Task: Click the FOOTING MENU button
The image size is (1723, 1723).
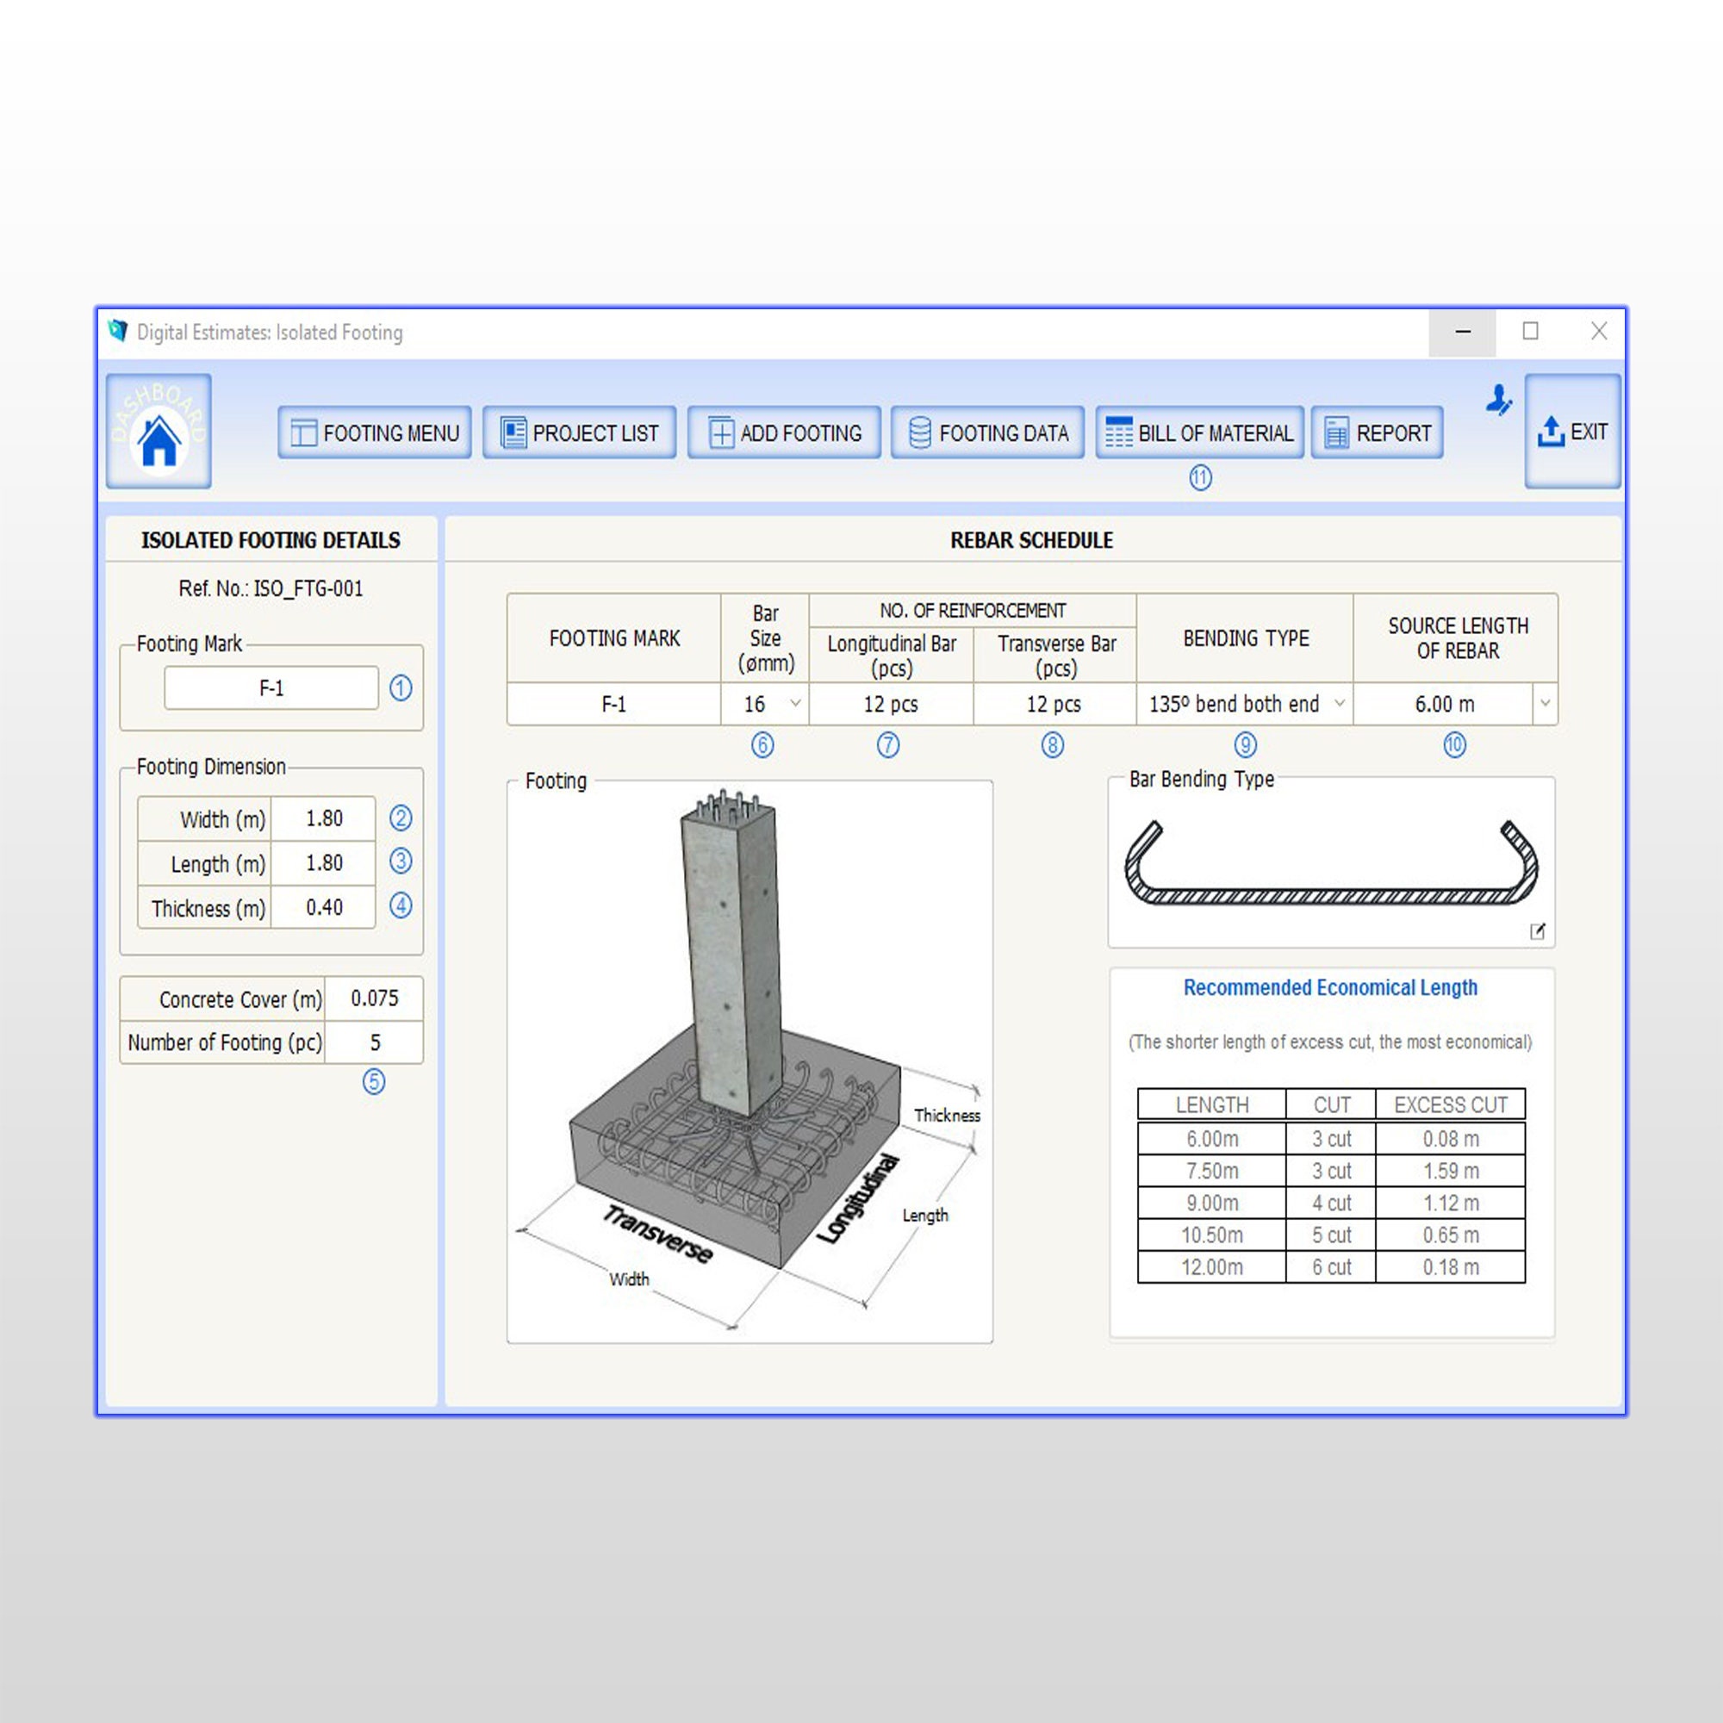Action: click(x=375, y=432)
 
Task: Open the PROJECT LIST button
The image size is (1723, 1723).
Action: click(x=580, y=432)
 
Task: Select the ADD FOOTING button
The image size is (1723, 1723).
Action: click(x=784, y=432)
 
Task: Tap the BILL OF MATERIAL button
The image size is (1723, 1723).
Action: click(x=1199, y=432)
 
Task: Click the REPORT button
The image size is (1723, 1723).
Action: click(x=1377, y=432)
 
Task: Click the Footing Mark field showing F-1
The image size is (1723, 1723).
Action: click(x=271, y=687)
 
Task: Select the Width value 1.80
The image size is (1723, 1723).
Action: click(x=324, y=818)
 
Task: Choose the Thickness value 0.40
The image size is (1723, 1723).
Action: click(x=324, y=908)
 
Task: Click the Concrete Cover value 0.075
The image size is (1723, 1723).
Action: click(x=375, y=998)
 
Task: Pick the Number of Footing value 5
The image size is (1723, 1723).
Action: click(x=375, y=1042)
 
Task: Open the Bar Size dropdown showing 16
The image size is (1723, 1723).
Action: click(x=766, y=705)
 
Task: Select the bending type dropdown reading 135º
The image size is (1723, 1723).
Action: click(x=1245, y=705)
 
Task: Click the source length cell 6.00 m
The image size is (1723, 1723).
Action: click(x=1445, y=705)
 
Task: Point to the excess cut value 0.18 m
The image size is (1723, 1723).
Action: click(x=1451, y=1267)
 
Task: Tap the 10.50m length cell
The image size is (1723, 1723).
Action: click(x=1212, y=1235)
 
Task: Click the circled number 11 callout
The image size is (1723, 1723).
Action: click(x=1200, y=478)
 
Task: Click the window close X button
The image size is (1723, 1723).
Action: click(x=1599, y=332)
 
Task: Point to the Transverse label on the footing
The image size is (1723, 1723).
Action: click(x=658, y=1234)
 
